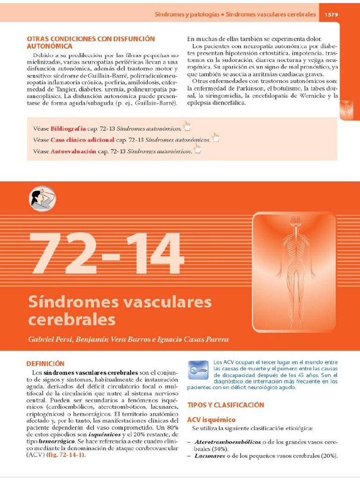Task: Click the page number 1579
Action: tap(331, 15)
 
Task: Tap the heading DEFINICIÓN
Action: tap(45, 363)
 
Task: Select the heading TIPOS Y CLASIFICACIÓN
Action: tap(225, 405)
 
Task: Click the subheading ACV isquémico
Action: tap(211, 420)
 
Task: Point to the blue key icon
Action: tap(198, 370)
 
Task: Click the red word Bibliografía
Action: tap(68, 128)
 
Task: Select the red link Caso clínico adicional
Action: tap(82, 140)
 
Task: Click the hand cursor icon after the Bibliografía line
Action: tap(187, 126)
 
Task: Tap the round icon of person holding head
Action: tap(43, 198)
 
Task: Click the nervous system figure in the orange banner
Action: tap(295, 272)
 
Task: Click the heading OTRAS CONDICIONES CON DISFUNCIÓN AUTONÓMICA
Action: tap(90, 42)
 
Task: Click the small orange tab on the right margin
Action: tap(349, 110)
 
